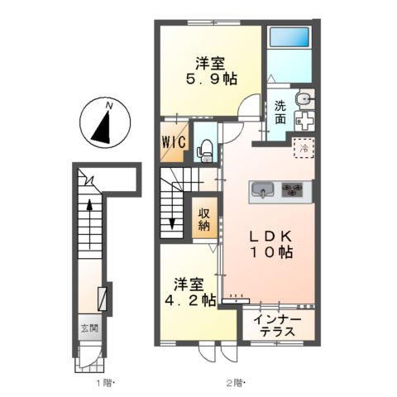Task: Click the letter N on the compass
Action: pos(110,106)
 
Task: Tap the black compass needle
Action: pos(102,127)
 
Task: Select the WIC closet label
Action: pos(174,142)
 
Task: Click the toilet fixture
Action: pos(205,151)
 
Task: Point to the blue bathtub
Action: pos(289,37)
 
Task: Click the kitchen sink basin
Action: pos(262,189)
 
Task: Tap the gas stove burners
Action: pos(292,190)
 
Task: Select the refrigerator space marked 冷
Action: pos(304,148)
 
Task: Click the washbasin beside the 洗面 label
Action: pos(304,98)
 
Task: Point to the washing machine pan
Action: pos(304,121)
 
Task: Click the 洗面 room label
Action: pos(280,112)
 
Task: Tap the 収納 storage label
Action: pos(204,219)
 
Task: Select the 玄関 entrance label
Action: pos(89,328)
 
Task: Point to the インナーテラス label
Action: pos(278,326)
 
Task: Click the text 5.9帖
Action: pos(212,79)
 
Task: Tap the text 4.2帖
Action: pos(190,300)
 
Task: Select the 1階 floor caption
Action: pos(105,382)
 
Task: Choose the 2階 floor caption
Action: pos(236,382)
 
